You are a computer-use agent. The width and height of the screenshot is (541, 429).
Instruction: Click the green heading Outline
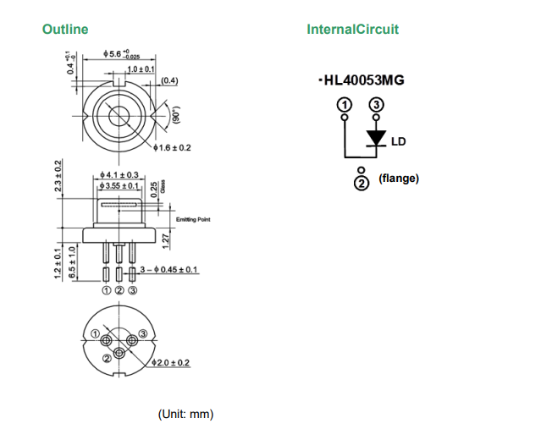click(65, 30)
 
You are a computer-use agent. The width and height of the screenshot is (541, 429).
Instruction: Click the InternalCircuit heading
click(352, 30)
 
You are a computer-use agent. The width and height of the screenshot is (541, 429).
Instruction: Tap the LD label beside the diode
click(398, 141)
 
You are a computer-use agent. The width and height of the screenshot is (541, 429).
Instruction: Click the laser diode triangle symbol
click(375, 139)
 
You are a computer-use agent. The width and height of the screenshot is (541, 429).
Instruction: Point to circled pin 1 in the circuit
click(344, 104)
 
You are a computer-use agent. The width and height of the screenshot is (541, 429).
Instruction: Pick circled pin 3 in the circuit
click(376, 104)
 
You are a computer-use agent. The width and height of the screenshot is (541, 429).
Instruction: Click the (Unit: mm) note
click(186, 414)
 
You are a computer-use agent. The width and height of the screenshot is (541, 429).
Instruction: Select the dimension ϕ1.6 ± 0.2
click(174, 147)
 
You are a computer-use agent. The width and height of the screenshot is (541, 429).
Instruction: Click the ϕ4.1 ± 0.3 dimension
click(119, 175)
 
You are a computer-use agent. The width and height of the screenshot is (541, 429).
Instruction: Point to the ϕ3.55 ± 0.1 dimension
click(119, 185)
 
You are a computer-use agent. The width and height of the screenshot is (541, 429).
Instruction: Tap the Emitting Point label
click(193, 220)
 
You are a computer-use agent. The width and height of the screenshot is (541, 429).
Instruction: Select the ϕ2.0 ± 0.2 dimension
click(169, 363)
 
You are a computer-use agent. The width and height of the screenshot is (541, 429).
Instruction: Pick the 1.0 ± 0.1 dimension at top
click(141, 68)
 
